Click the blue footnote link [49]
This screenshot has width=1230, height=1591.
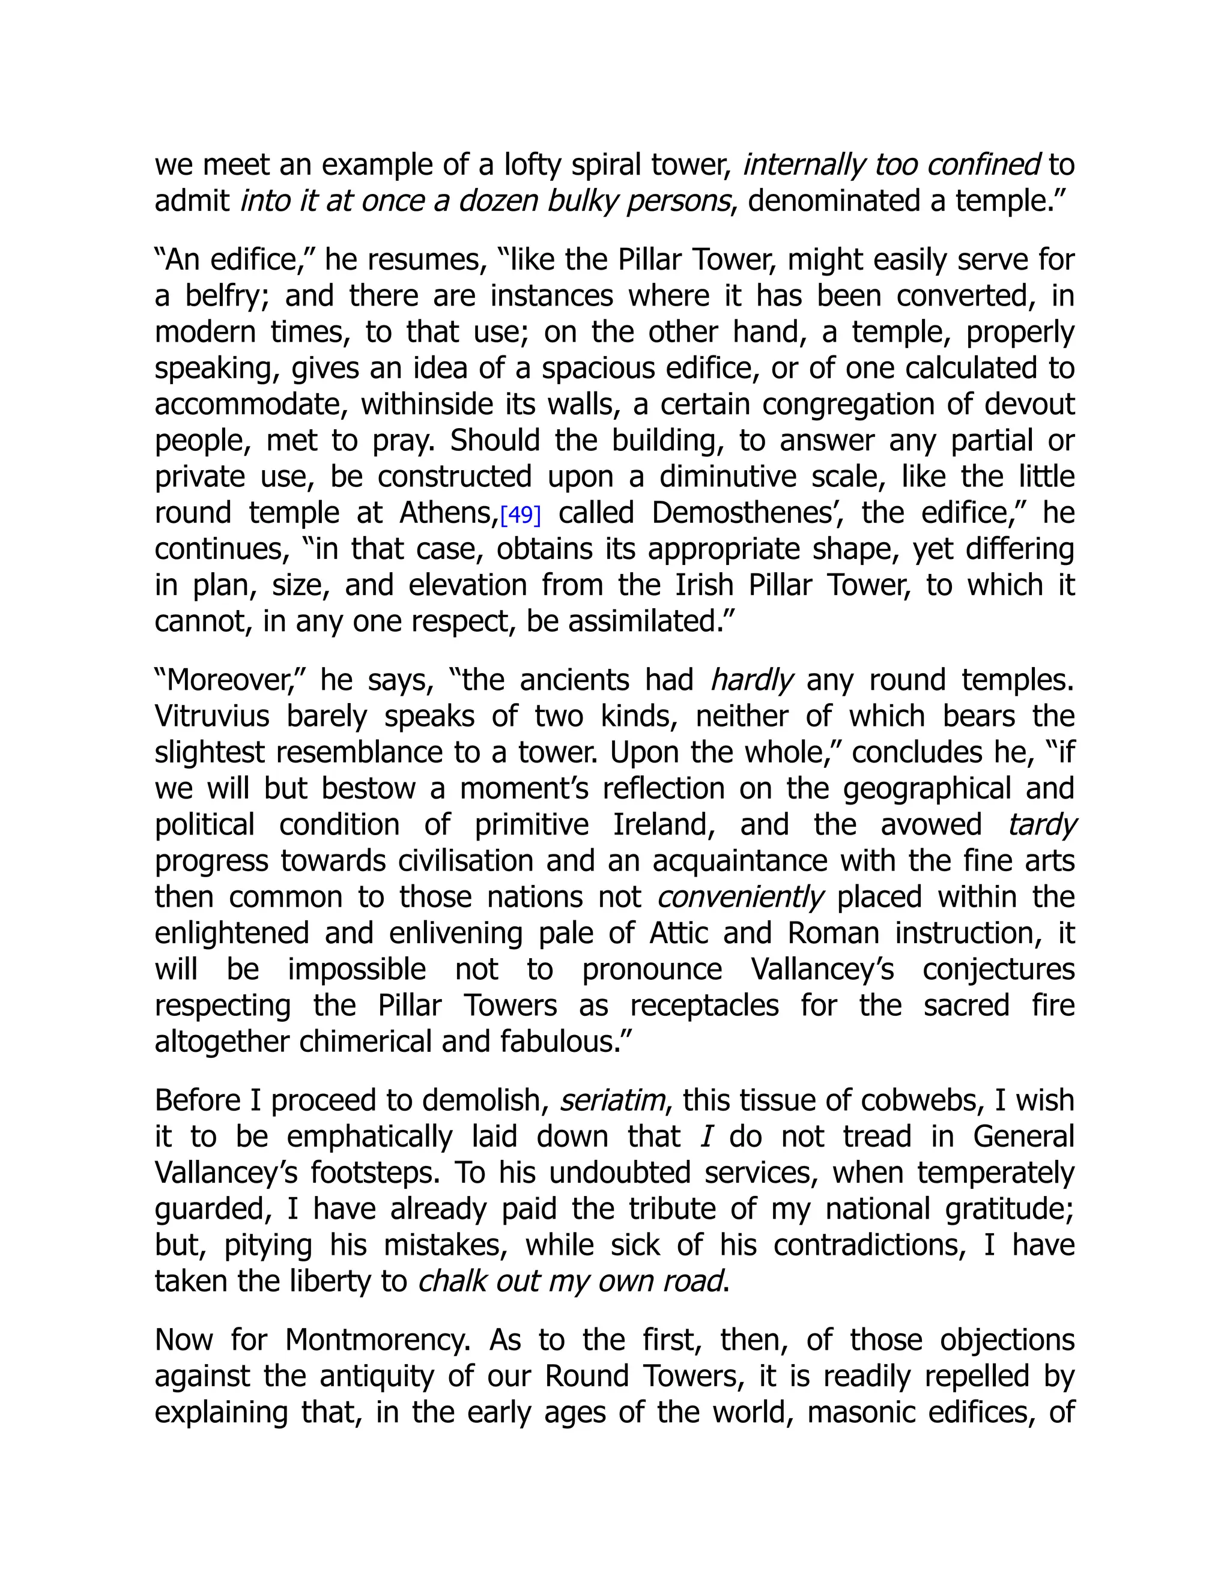(520, 515)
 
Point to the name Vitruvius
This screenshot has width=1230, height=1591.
(212, 716)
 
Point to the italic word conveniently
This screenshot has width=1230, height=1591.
(739, 897)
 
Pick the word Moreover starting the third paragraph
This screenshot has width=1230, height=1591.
(229, 680)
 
